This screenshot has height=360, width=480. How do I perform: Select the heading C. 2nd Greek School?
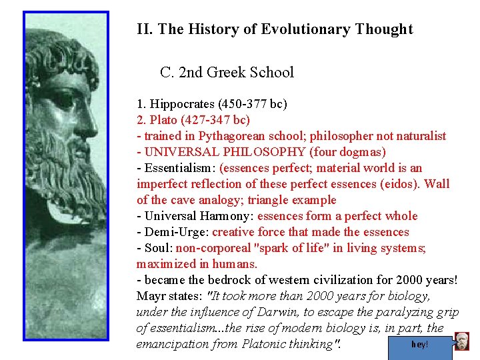227,72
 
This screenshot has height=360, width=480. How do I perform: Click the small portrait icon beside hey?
462,341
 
